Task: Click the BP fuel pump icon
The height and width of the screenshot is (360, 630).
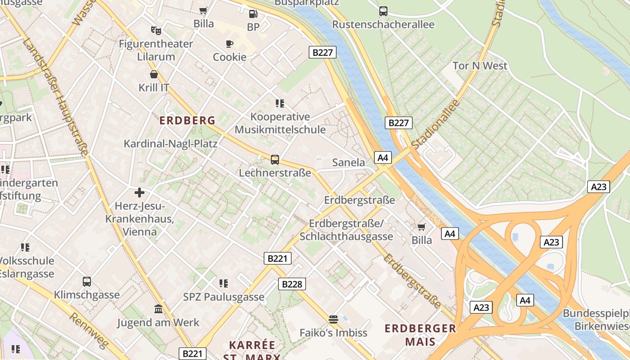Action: coord(253,14)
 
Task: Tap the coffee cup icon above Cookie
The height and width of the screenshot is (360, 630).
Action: coord(229,44)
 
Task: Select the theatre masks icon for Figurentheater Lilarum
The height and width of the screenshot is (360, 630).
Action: coord(156,31)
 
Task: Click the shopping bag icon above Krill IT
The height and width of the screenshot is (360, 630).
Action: coord(154,74)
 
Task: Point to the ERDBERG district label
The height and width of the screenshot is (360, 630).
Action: coord(188,121)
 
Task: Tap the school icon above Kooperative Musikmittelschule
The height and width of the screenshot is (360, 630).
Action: coord(280,103)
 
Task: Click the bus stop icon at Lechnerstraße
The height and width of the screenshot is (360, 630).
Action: coord(274,160)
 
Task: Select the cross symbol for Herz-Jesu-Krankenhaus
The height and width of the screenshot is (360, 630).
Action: coord(139,193)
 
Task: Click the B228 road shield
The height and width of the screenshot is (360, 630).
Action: coord(292,284)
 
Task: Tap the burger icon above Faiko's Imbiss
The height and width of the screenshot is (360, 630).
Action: coord(333,319)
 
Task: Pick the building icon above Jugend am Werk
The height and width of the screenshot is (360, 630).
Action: coord(158,309)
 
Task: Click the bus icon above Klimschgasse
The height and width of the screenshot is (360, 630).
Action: coord(87,282)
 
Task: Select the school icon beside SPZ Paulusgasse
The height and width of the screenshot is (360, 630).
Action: coord(224,283)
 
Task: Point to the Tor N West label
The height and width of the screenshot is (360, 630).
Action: coord(480,66)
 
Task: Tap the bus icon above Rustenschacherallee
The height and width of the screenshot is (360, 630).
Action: coord(383,11)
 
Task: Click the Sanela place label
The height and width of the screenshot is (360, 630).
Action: coord(348,162)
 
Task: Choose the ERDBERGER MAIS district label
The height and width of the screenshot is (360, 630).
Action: coord(420,335)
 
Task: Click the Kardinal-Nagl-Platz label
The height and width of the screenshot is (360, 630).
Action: coord(171,144)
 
